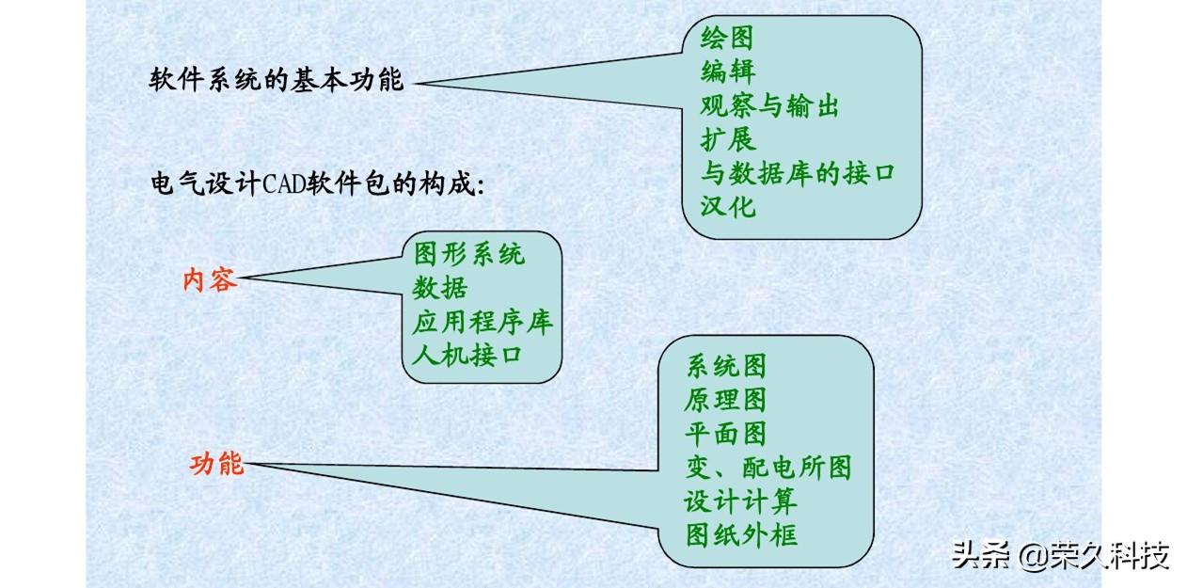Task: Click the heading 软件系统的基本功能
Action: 277,81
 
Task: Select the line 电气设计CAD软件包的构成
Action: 317,183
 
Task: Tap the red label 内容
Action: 209,279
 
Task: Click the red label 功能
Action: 217,464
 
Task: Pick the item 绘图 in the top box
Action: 727,39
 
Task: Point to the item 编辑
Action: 727,72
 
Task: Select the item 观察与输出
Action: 769,105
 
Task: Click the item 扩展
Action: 727,139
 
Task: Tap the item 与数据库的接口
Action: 798,173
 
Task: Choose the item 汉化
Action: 727,206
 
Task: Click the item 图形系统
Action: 468,253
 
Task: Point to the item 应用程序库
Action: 483,321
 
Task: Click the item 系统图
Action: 725,366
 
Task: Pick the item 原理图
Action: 725,400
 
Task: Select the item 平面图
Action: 725,433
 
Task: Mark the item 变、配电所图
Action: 768,467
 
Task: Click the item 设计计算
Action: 740,501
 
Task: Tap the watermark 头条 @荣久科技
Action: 1059,555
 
